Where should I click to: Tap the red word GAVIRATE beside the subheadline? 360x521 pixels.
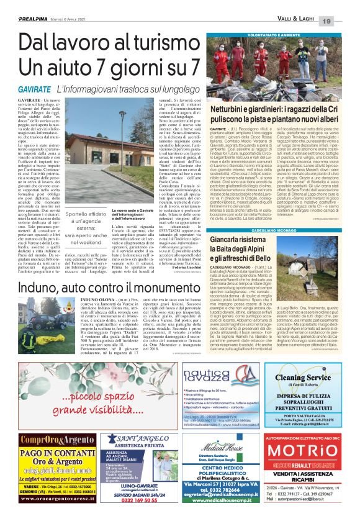tap(23, 90)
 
